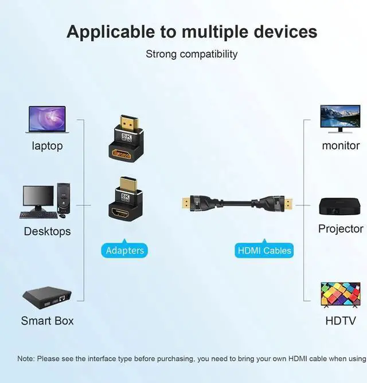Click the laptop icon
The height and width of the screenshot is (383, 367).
[47, 120]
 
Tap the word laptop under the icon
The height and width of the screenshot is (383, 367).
[47, 146]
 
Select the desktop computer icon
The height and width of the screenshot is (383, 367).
[46, 201]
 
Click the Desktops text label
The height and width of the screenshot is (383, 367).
[47, 231]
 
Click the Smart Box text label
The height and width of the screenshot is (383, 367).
[47, 321]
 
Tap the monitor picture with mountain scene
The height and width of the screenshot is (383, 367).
[340, 119]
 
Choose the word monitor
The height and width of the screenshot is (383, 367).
[341, 145]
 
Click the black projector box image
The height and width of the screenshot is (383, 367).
[341, 206]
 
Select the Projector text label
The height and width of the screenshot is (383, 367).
[341, 229]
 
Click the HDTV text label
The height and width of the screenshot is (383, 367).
[341, 321]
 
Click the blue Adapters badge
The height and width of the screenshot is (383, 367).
[124, 250]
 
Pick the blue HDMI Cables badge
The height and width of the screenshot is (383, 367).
[264, 250]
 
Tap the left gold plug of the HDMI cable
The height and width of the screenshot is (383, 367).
[186, 202]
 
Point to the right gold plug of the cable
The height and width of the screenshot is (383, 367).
[288, 202]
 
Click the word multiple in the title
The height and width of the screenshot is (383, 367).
[216, 31]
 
